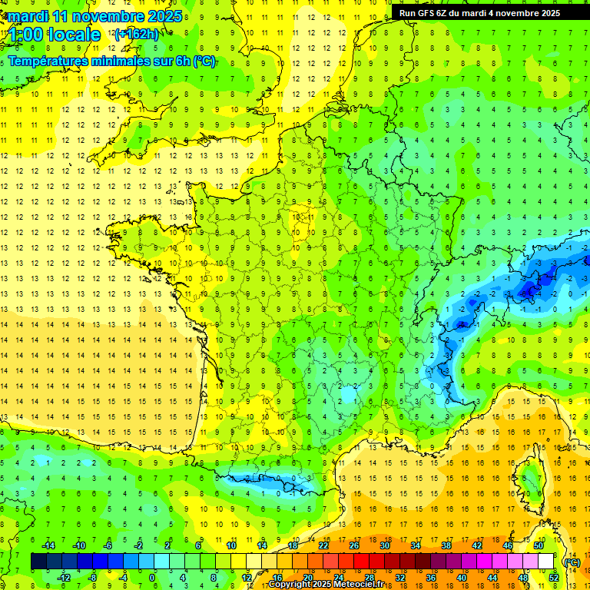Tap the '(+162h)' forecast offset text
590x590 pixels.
coord(136,34)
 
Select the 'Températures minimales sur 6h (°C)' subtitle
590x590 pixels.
coord(111,61)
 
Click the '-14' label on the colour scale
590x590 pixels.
coord(48,545)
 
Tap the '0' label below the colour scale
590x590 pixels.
coord(152,578)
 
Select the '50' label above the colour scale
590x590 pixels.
coord(539,545)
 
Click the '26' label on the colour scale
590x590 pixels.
coord(354,545)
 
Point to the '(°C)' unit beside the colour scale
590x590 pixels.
coord(572,562)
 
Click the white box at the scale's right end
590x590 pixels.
coord(546,562)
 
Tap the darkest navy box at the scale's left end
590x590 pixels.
coord(38,562)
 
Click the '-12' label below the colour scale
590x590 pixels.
coord(64,578)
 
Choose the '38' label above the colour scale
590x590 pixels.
coord(446,545)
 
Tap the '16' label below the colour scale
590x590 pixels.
coord(277,578)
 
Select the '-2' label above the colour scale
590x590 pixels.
coord(139,545)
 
